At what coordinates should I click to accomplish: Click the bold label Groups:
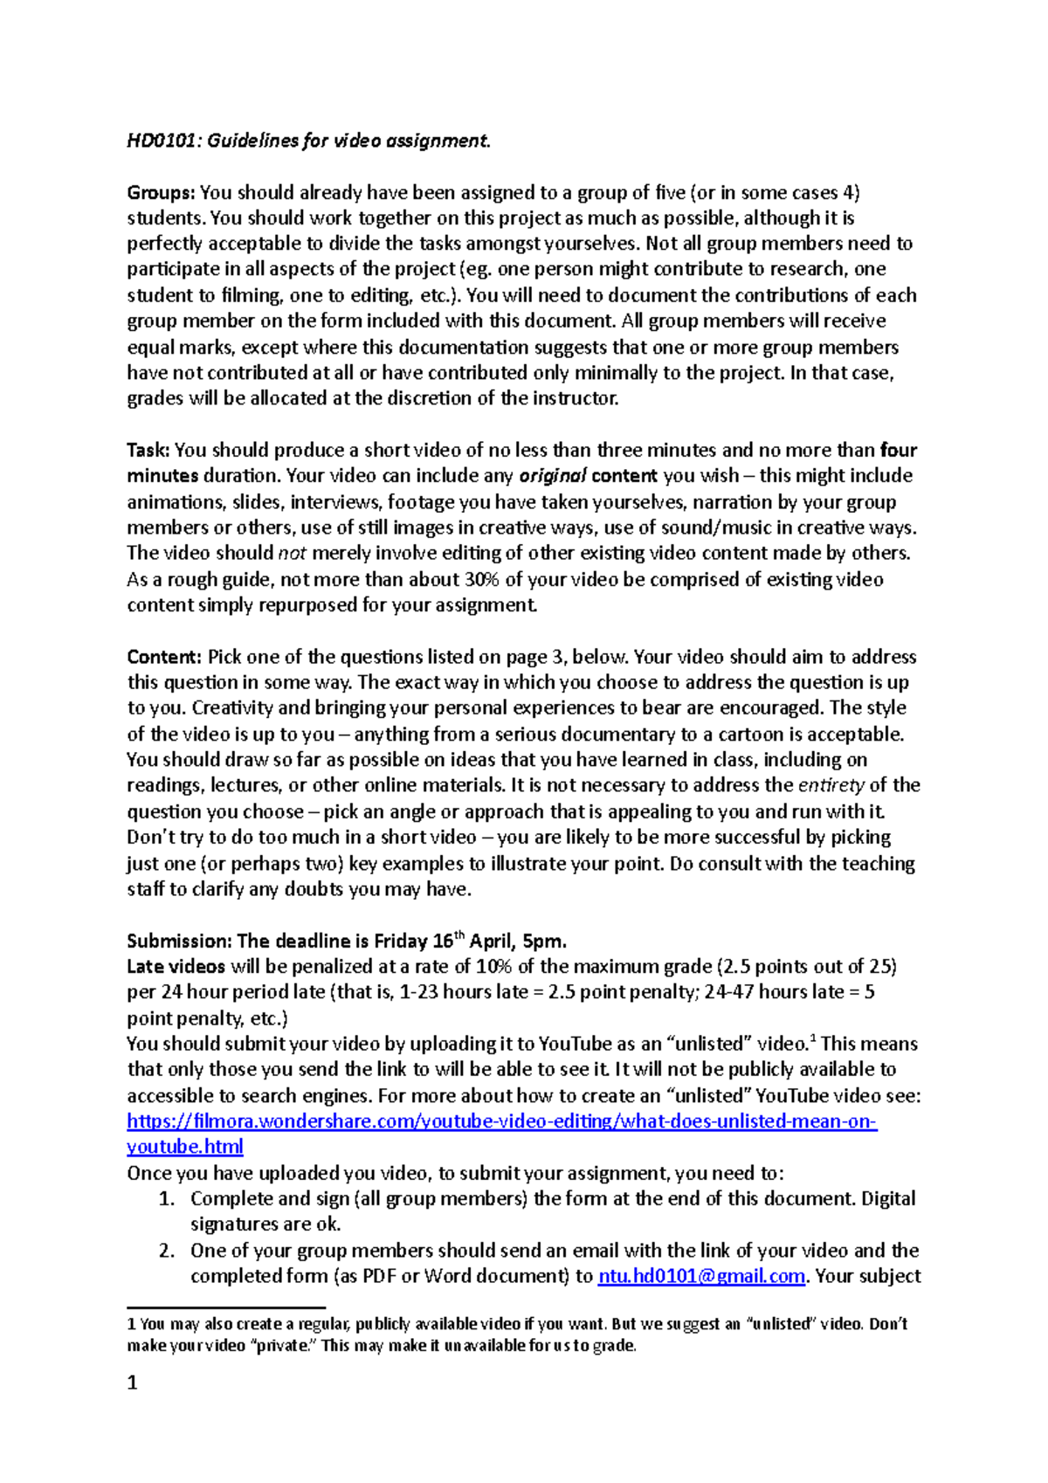point(162,192)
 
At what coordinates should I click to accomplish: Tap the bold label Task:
point(148,451)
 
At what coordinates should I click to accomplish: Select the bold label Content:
point(164,657)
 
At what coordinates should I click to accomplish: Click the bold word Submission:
point(179,942)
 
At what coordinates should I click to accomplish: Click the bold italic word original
point(553,477)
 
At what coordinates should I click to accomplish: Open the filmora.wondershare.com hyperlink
point(501,1121)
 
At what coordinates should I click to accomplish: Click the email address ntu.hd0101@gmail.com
point(700,1277)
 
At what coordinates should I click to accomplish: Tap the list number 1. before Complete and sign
point(167,1199)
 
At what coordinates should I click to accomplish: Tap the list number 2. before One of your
point(167,1251)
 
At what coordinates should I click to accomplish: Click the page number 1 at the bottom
point(132,1383)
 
